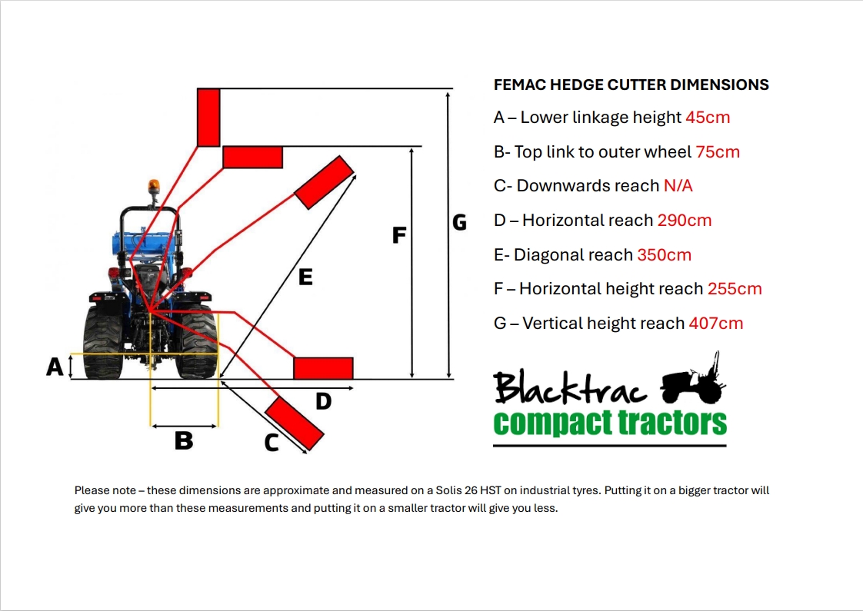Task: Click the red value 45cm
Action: click(707, 118)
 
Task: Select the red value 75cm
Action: click(718, 152)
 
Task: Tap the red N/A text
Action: click(678, 186)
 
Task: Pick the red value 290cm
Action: click(684, 221)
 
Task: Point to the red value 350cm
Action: click(664, 255)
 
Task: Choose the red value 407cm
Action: click(715, 324)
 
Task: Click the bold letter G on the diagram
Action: click(459, 223)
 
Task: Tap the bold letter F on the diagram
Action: click(398, 235)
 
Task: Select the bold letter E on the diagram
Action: click(305, 277)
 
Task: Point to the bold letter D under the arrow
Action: click(324, 401)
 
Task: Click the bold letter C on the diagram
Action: click(272, 443)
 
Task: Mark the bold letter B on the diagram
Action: click(183, 441)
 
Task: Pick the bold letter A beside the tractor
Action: click(55, 367)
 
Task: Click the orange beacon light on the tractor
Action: click(152, 188)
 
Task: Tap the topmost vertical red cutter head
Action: click(208, 117)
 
